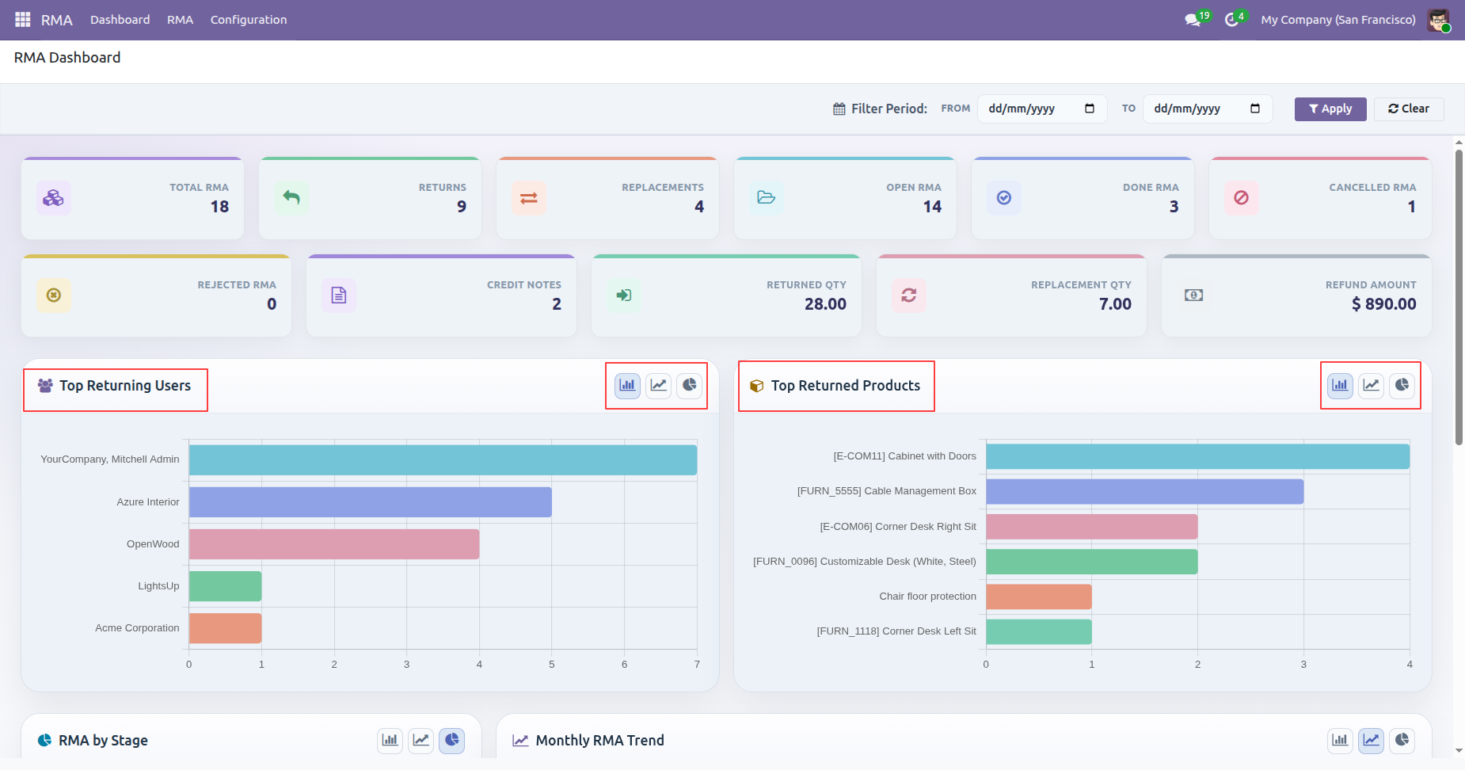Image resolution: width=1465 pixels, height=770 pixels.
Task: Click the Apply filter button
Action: (1330, 109)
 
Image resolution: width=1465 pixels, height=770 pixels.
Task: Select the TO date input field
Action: (1207, 109)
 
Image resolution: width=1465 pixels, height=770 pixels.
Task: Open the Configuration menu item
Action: (249, 20)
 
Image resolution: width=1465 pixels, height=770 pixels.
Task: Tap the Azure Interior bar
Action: (371, 502)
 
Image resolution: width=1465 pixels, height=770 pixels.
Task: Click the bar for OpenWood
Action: (334, 544)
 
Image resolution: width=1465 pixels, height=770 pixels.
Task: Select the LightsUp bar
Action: (226, 586)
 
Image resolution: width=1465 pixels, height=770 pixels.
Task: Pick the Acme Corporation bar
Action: (226, 628)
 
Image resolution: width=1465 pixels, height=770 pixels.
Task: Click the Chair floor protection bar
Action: (1039, 597)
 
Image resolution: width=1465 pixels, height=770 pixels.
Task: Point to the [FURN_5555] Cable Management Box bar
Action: (1145, 491)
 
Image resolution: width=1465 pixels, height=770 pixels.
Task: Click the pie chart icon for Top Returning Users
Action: (690, 386)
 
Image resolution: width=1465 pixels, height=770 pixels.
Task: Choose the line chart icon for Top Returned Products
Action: (1372, 386)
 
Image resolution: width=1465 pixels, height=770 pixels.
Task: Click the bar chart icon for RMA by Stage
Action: (390, 741)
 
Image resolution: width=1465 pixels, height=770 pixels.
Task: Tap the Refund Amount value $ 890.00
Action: (1384, 304)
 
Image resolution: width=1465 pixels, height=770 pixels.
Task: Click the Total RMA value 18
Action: (219, 207)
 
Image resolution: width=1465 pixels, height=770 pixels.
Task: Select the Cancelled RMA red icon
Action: (1242, 198)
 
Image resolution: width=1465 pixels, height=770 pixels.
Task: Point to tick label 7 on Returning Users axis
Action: (697, 665)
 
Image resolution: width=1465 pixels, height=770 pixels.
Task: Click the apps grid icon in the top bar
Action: (23, 20)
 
